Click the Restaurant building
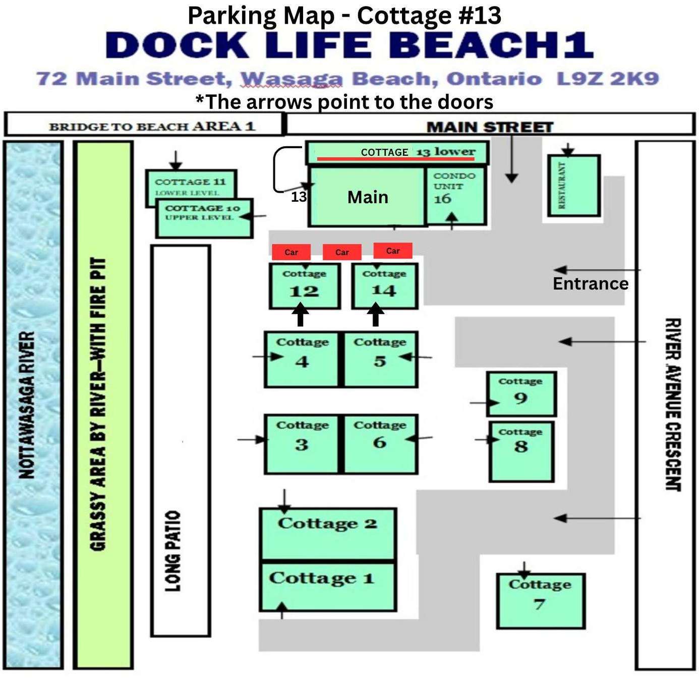[574, 186]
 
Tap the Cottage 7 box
[541, 601]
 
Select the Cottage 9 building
[521, 393]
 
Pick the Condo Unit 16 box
[455, 196]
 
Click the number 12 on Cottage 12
[304, 292]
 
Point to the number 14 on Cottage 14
[384, 290]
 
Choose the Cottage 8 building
[521, 451]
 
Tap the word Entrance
[591, 283]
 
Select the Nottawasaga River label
[27, 405]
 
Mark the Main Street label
[490, 127]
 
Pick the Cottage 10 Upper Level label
[202, 212]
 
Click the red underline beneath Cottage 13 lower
[396, 159]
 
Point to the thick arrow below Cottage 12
[301, 315]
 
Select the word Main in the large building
[368, 197]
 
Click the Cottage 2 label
[327, 524]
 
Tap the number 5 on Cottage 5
[380, 361]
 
